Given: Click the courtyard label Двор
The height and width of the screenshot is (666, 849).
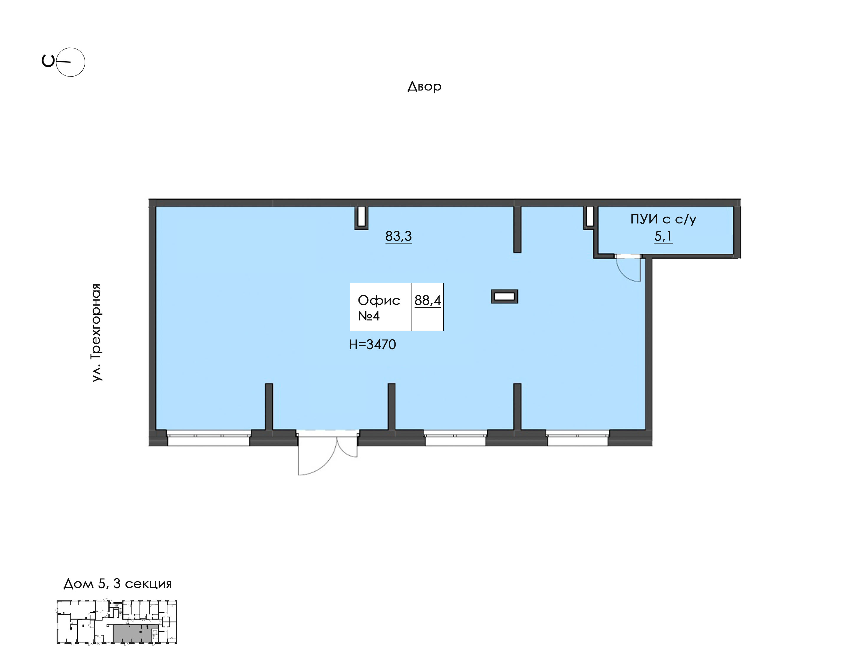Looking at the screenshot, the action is point(424,86).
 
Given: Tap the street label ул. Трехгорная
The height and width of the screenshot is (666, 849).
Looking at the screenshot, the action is point(96,333).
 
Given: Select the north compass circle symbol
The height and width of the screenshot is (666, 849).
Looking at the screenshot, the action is point(70,62).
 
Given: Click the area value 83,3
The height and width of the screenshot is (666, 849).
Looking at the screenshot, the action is point(399,236).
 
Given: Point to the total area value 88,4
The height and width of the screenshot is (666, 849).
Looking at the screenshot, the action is point(428,300).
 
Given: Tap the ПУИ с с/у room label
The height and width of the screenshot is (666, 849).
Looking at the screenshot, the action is point(663,219).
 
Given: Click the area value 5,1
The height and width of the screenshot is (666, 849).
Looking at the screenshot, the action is point(663,236).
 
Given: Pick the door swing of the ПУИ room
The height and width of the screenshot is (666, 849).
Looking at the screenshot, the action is point(628,269).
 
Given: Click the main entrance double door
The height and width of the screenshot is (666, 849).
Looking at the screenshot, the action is point(327,453).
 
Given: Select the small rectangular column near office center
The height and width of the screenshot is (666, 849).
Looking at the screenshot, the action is point(505,297).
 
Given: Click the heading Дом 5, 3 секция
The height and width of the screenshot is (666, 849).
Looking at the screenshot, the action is point(117,584).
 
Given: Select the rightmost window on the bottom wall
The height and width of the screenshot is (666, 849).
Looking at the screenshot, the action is point(577,438).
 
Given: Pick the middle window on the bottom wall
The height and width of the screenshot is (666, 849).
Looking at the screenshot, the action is point(455,438).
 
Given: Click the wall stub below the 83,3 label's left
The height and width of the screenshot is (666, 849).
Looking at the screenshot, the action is point(361,217).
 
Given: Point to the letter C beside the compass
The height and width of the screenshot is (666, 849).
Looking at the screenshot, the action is point(48,61).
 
